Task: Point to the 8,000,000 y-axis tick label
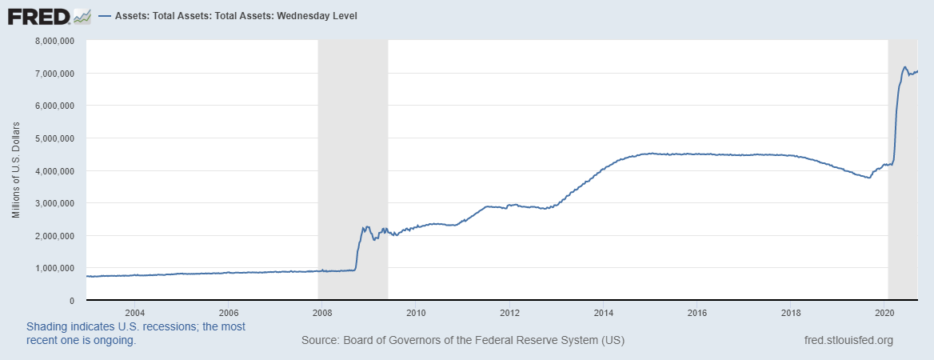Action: [52, 40]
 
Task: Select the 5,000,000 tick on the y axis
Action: [52, 138]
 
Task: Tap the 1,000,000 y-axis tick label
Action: [52, 268]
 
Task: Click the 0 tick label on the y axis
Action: [72, 301]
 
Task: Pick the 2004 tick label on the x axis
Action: [134, 312]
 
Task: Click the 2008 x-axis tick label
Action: [321, 312]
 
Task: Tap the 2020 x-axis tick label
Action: [885, 312]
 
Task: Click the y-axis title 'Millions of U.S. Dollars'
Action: [16, 170]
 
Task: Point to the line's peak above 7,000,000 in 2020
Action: [904, 67]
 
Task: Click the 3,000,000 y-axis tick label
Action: [52, 203]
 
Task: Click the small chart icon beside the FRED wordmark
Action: [82, 15]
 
